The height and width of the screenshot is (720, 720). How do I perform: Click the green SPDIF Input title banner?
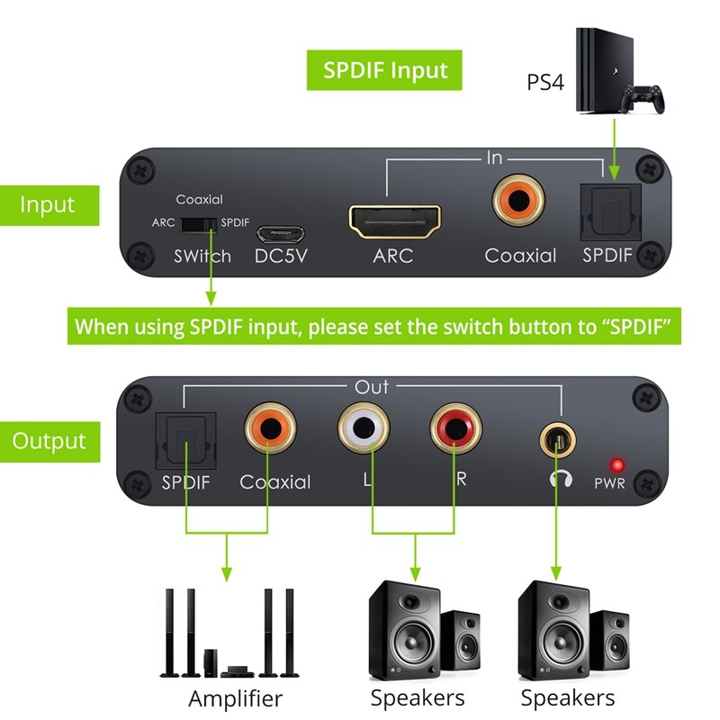(386, 70)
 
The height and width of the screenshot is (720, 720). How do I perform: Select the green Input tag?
(49, 204)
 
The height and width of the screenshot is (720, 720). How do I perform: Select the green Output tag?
(49, 441)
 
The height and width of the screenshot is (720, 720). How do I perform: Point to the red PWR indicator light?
(617, 465)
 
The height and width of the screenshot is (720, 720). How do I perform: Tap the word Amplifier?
(235, 698)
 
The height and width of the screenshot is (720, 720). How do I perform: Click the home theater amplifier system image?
(228, 632)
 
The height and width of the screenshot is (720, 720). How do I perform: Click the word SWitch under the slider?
(202, 256)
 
